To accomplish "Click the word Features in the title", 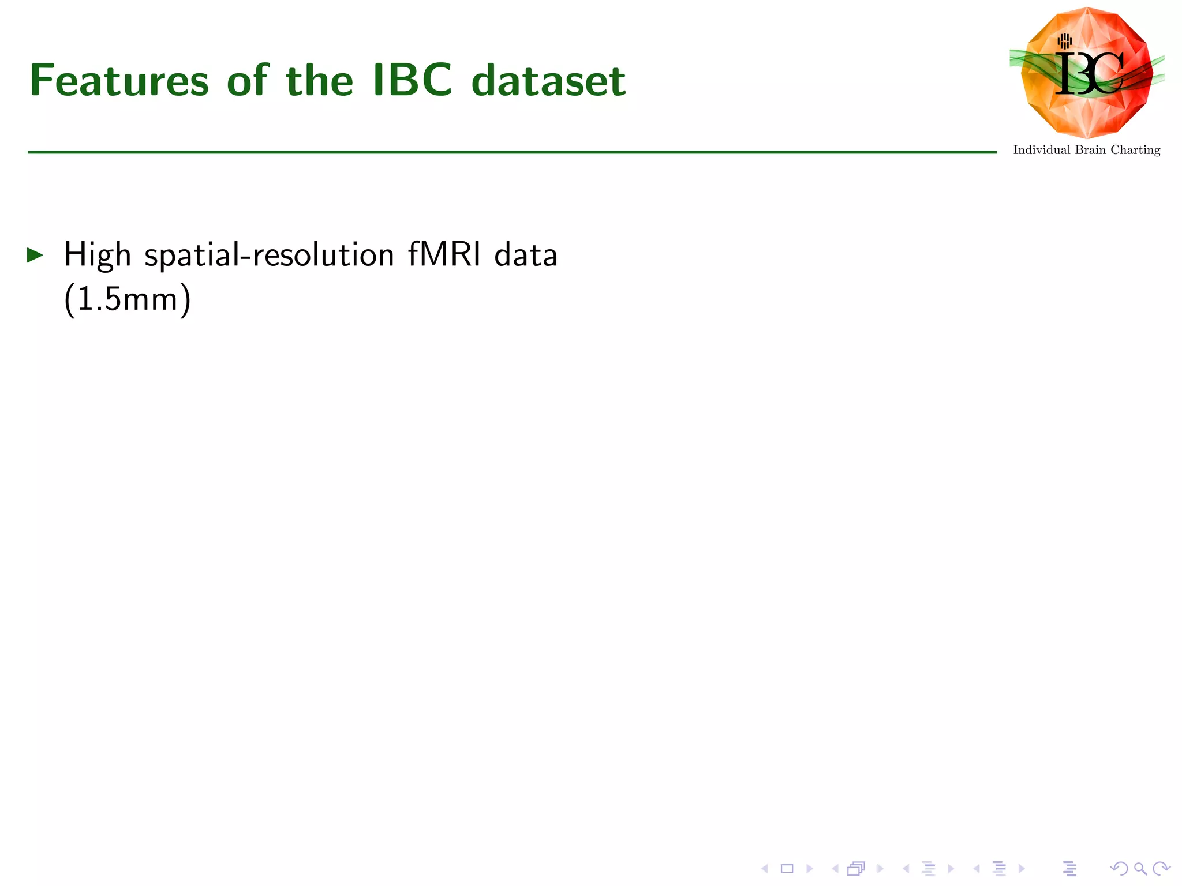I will tap(119, 81).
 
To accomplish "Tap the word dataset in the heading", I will tap(548, 81).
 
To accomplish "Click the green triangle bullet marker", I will tap(35, 255).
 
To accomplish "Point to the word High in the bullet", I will tap(97, 255).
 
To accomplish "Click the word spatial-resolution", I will tap(269, 255).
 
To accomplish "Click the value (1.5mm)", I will tap(127, 299).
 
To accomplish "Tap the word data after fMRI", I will tap(526, 254).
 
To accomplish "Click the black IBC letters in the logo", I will tap(1089, 74).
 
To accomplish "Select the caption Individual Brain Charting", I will tap(1086, 150).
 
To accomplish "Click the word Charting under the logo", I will tap(1135, 150).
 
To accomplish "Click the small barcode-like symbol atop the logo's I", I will tap(1065, 41).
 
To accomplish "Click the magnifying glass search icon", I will tap(1140, 868).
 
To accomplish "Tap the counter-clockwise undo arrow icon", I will tap(1119, 868).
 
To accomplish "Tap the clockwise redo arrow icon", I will tap(1161, 868).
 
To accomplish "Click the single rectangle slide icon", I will tap(787, 868).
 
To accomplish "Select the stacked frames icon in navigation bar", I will tap(856, 868).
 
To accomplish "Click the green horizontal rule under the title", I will tap(511, 152).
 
